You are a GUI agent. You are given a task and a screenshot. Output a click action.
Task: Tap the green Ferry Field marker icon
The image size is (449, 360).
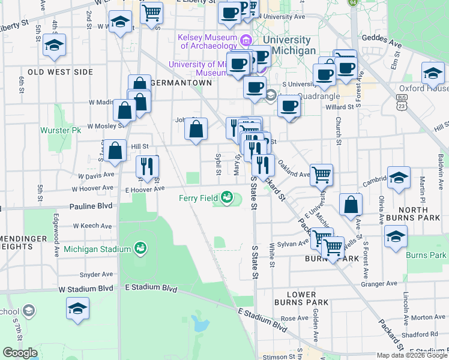[226, 196]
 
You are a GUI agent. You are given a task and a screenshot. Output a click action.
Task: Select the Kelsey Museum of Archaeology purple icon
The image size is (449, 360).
[245, 41]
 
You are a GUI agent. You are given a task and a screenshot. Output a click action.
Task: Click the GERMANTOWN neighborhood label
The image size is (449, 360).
[181, 83]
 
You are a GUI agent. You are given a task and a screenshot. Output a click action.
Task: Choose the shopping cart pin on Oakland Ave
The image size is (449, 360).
[322, 174]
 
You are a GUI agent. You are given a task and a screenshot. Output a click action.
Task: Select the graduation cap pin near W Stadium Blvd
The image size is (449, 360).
[77, 308]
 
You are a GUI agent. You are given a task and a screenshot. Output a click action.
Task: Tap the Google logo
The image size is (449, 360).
[20, 353]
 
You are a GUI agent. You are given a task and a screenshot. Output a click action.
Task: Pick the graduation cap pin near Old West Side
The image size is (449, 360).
[54, 45]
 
